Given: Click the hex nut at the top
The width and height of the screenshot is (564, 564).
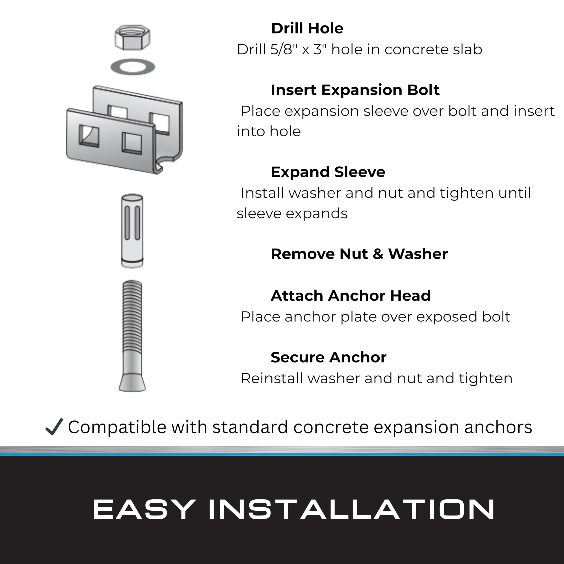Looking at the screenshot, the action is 133,37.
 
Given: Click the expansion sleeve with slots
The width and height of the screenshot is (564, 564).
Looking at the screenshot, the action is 132,231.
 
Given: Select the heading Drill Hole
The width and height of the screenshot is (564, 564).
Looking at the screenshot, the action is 307,29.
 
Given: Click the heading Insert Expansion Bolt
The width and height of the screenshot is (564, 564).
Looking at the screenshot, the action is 355,90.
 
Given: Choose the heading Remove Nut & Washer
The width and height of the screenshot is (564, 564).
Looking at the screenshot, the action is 359,254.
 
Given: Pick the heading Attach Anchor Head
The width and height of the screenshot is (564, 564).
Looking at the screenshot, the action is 351,296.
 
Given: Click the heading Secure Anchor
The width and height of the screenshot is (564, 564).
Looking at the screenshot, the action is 328,357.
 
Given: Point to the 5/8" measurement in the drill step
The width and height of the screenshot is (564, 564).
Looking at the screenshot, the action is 281,49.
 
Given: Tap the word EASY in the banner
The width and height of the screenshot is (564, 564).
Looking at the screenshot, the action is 144,509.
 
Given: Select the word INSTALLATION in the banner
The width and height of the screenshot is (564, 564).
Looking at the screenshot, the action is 351,509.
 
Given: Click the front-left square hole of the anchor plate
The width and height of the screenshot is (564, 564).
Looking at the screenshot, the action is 89,136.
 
